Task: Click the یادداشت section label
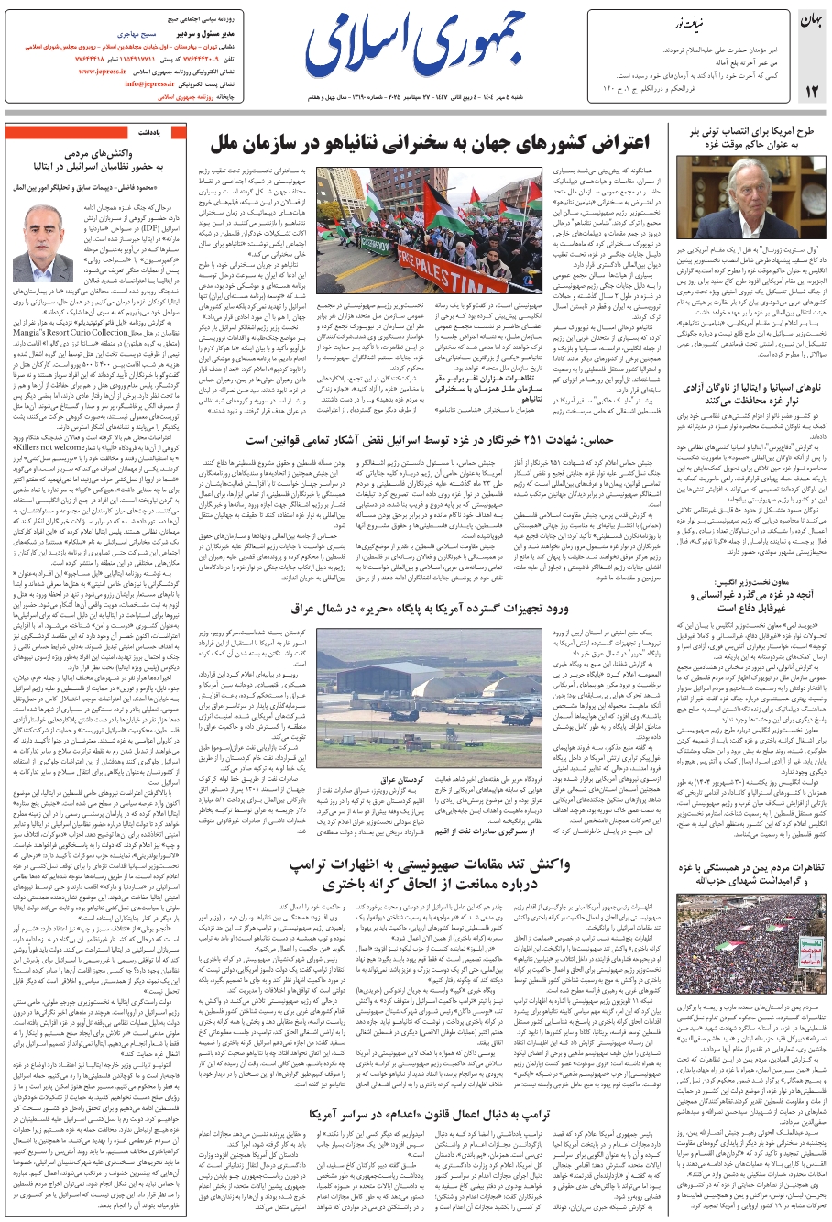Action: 150,133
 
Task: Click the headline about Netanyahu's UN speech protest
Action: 430,144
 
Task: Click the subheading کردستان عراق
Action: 408,779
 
